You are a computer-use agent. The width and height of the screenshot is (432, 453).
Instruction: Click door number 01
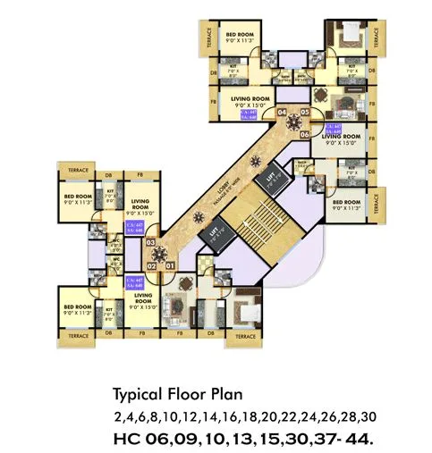169,265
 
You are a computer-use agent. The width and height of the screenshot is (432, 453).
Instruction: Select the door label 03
150,242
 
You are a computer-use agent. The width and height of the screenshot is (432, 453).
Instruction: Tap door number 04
282,113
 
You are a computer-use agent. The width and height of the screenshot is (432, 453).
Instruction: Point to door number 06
304,134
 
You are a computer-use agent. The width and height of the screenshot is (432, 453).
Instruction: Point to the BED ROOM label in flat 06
343,206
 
